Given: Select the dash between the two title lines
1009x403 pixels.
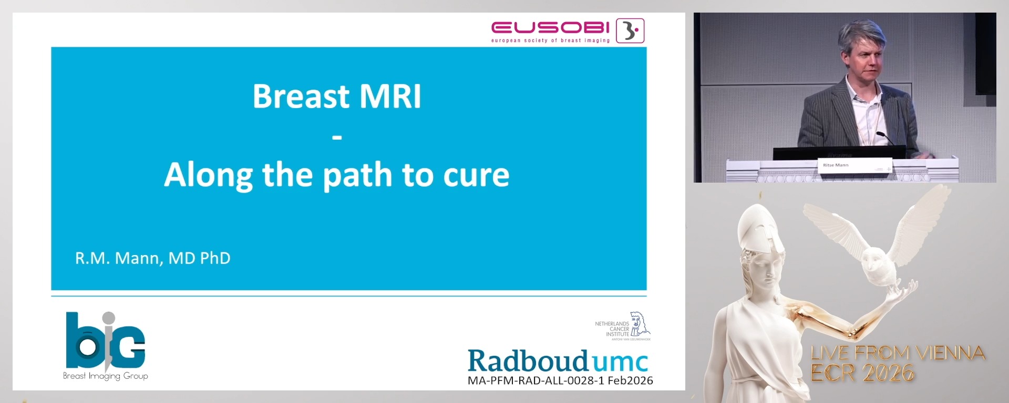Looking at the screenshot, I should [337, 138].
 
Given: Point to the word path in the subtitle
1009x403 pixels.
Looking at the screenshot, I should [357, 175].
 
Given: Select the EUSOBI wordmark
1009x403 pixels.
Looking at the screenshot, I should [550, 27].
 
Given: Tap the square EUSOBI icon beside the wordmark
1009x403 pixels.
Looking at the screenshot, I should [630, 30].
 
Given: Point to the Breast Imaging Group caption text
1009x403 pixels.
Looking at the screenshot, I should [105, 376].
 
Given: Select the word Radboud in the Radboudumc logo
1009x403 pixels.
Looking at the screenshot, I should [528, 361].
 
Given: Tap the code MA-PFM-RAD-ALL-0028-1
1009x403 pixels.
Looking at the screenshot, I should [536, 380].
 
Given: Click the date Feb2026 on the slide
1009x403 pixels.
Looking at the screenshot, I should [630, 380].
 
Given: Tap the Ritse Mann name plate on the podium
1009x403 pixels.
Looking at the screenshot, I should [836, 165].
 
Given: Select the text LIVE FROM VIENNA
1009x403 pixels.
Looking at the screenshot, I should [897, 353].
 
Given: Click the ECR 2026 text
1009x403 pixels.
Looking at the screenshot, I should [862, 373].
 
